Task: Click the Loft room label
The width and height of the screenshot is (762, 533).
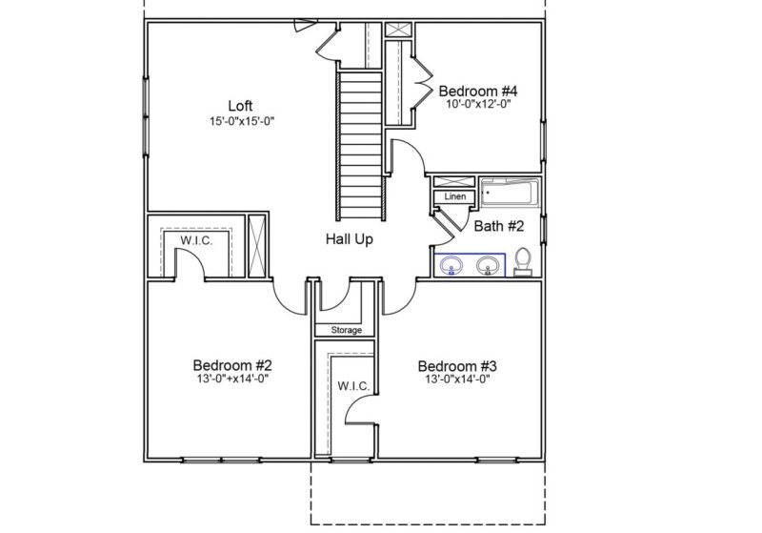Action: click(x=240, y=105)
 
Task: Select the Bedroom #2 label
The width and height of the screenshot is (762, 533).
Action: click(x=233, y=365)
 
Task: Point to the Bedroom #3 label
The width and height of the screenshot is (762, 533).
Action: click(x=458, y=366)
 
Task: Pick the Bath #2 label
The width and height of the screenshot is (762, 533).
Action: click(x=500, y=226)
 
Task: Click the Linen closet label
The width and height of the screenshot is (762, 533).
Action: click(x=455, y=197)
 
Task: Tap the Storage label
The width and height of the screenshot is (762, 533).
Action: click(x=346, y=330)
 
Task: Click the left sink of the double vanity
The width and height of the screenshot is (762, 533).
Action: click(x=452, y=264)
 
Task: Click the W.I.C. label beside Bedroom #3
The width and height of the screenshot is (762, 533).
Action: click(x=346, y=387)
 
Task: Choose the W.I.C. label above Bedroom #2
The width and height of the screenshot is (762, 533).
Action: click(x=195, y=241)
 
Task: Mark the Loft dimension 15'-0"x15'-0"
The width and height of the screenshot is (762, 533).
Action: click(x=240, y=120)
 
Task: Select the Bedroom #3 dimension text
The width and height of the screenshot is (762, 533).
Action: click(x=458, y=379)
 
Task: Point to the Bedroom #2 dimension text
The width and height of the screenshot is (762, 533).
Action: click(x=233, y=379)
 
